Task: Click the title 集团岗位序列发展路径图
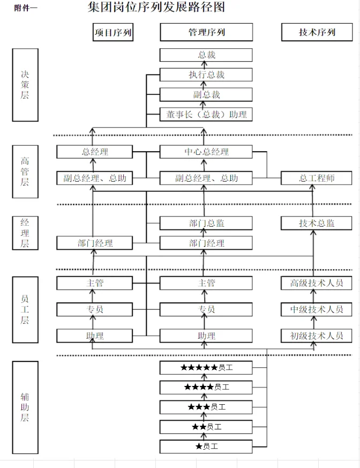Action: coord(156,8)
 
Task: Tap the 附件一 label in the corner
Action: coord(26,8)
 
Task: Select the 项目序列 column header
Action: coord(113,32)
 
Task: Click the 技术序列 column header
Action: coord(317,32)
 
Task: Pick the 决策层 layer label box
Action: coord(25,85)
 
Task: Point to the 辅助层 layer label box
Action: coord(25,407)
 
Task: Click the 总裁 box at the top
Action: coord(206,55)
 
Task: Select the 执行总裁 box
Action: coord(206,75)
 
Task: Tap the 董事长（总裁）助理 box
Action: coord(206,114)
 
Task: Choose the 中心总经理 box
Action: coord(206,152)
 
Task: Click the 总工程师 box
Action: coord(317,178)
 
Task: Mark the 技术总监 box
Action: coord(317,223)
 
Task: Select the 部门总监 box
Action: coord(206,223)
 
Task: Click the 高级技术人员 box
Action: coord(317,283)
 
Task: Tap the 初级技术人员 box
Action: coord(317,336)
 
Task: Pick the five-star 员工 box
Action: coord(206,368)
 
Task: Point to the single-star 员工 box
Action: coord(206,446)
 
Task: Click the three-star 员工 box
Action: coord(206,407)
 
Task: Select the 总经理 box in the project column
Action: coord(95,152)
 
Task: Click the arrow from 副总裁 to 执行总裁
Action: coord(204,85)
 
